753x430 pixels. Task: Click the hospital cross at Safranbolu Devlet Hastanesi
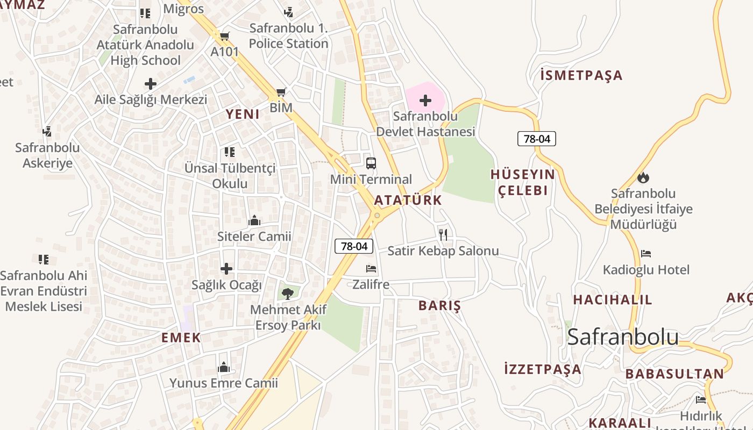425,101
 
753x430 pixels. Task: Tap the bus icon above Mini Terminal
371,163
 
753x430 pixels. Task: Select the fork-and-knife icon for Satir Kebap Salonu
443,234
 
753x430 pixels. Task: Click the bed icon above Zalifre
371,268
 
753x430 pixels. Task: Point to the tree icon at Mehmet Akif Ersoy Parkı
287,293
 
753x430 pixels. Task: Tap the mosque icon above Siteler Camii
254,220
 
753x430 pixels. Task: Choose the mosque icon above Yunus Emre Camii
223,368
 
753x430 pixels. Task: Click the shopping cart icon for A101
224,37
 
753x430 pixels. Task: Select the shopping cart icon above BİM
281,92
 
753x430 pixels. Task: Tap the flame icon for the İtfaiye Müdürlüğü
643,177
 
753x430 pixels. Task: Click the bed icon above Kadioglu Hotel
645,254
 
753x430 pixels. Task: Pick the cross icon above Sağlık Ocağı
226,269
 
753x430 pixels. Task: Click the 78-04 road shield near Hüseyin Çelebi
536,139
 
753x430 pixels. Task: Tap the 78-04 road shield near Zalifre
354,246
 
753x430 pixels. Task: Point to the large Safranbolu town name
623,336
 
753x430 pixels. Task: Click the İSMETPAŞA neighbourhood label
581,75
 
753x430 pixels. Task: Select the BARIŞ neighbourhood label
439,306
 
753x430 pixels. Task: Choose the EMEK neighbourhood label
181,338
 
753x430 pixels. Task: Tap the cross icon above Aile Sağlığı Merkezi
151,84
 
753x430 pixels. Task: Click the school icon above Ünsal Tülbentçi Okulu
230,152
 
